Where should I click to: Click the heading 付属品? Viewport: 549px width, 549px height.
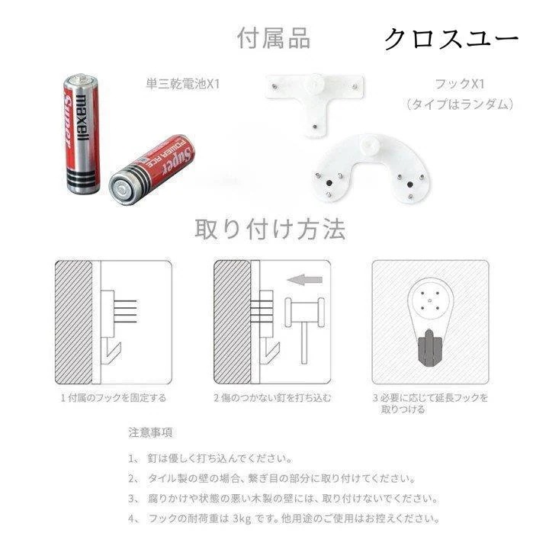(x=274, y=38)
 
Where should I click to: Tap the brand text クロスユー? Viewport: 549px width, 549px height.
(x=450, y=38)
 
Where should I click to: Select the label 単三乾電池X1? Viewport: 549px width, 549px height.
(x=182, y=83)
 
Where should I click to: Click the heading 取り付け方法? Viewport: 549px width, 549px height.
(x=271, y=229)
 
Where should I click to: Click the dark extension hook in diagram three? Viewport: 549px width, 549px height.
(x=430, y=345)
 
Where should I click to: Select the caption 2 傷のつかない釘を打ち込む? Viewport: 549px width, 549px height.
(x=272, y=397)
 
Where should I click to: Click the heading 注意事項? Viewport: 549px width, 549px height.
(x=150, y=432)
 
